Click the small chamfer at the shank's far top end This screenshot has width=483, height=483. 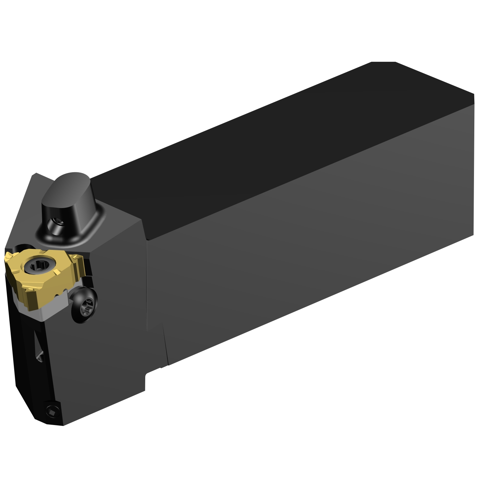[383, 62]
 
